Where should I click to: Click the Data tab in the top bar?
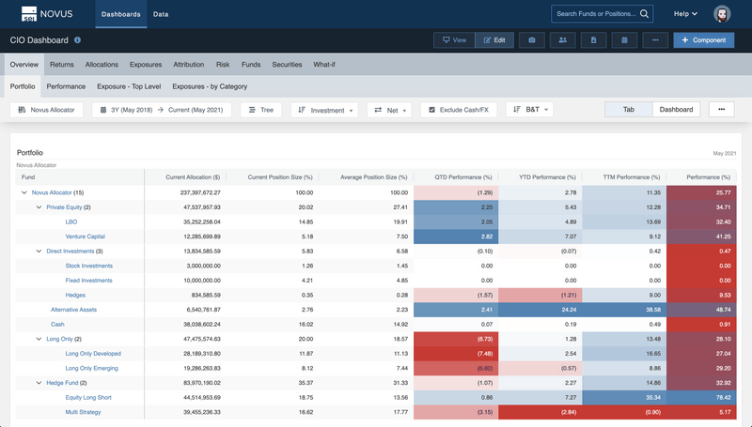(161, 14)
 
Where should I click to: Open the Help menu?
(685, 14)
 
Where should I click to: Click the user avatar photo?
(721, 14)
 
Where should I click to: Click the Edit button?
(495, 40)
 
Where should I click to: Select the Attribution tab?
(188, 65)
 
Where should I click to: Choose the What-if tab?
(324, 65)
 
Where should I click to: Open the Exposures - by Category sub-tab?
(210, 86)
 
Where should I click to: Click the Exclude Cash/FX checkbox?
(432, 110)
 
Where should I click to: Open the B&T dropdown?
(530, 110)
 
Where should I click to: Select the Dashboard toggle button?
(676, 110)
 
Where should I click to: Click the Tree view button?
(260, 110)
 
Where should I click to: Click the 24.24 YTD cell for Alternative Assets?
(544, 309)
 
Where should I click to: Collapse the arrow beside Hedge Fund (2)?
(38, 382)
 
